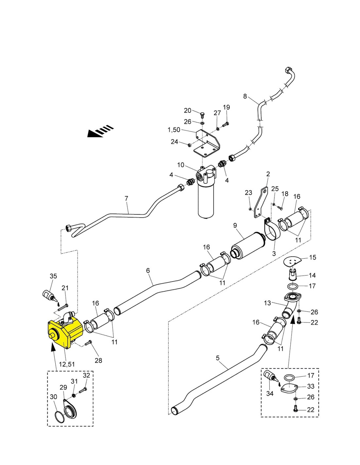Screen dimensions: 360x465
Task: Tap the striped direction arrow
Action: coord(100,131)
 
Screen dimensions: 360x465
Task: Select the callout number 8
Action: coord(245,96)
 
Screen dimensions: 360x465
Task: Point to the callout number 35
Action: coord(53,276)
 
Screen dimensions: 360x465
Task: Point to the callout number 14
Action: coord(313,275)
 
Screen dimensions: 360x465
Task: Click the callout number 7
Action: coord(126,198)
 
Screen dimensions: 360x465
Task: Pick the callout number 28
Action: coord(99,361)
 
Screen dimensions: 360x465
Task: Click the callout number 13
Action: coord(268,303)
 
